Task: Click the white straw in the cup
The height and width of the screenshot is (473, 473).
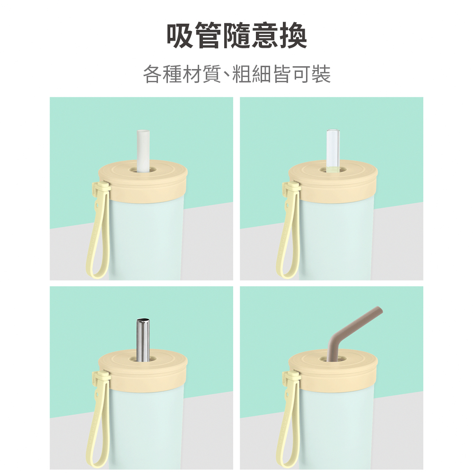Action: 143,151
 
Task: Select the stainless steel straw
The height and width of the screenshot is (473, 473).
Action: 143,339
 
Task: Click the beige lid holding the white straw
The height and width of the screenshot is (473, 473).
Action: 143,182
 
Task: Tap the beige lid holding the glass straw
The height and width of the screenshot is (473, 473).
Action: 333,182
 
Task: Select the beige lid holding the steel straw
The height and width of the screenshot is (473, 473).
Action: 143,371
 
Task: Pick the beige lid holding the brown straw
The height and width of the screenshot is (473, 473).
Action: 333,371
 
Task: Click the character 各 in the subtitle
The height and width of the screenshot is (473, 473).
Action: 152,74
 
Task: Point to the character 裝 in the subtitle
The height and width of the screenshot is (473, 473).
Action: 321,74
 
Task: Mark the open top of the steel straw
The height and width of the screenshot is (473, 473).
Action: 143,320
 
